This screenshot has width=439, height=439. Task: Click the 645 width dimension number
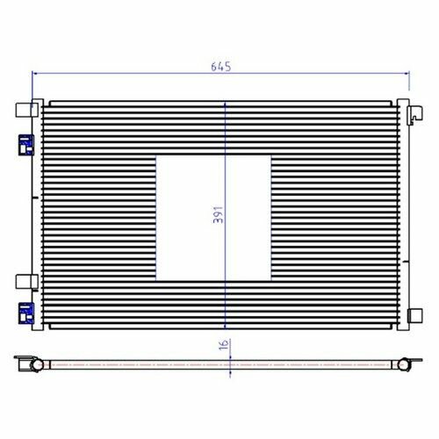[221, 67]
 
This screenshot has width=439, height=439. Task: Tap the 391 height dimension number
[218, 215]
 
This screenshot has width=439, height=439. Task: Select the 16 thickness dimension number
[224, 345]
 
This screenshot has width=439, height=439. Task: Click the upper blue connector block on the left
[26, 145]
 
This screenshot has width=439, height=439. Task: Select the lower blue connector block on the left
[26, 313]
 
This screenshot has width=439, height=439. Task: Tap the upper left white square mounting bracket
[26, 110]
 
